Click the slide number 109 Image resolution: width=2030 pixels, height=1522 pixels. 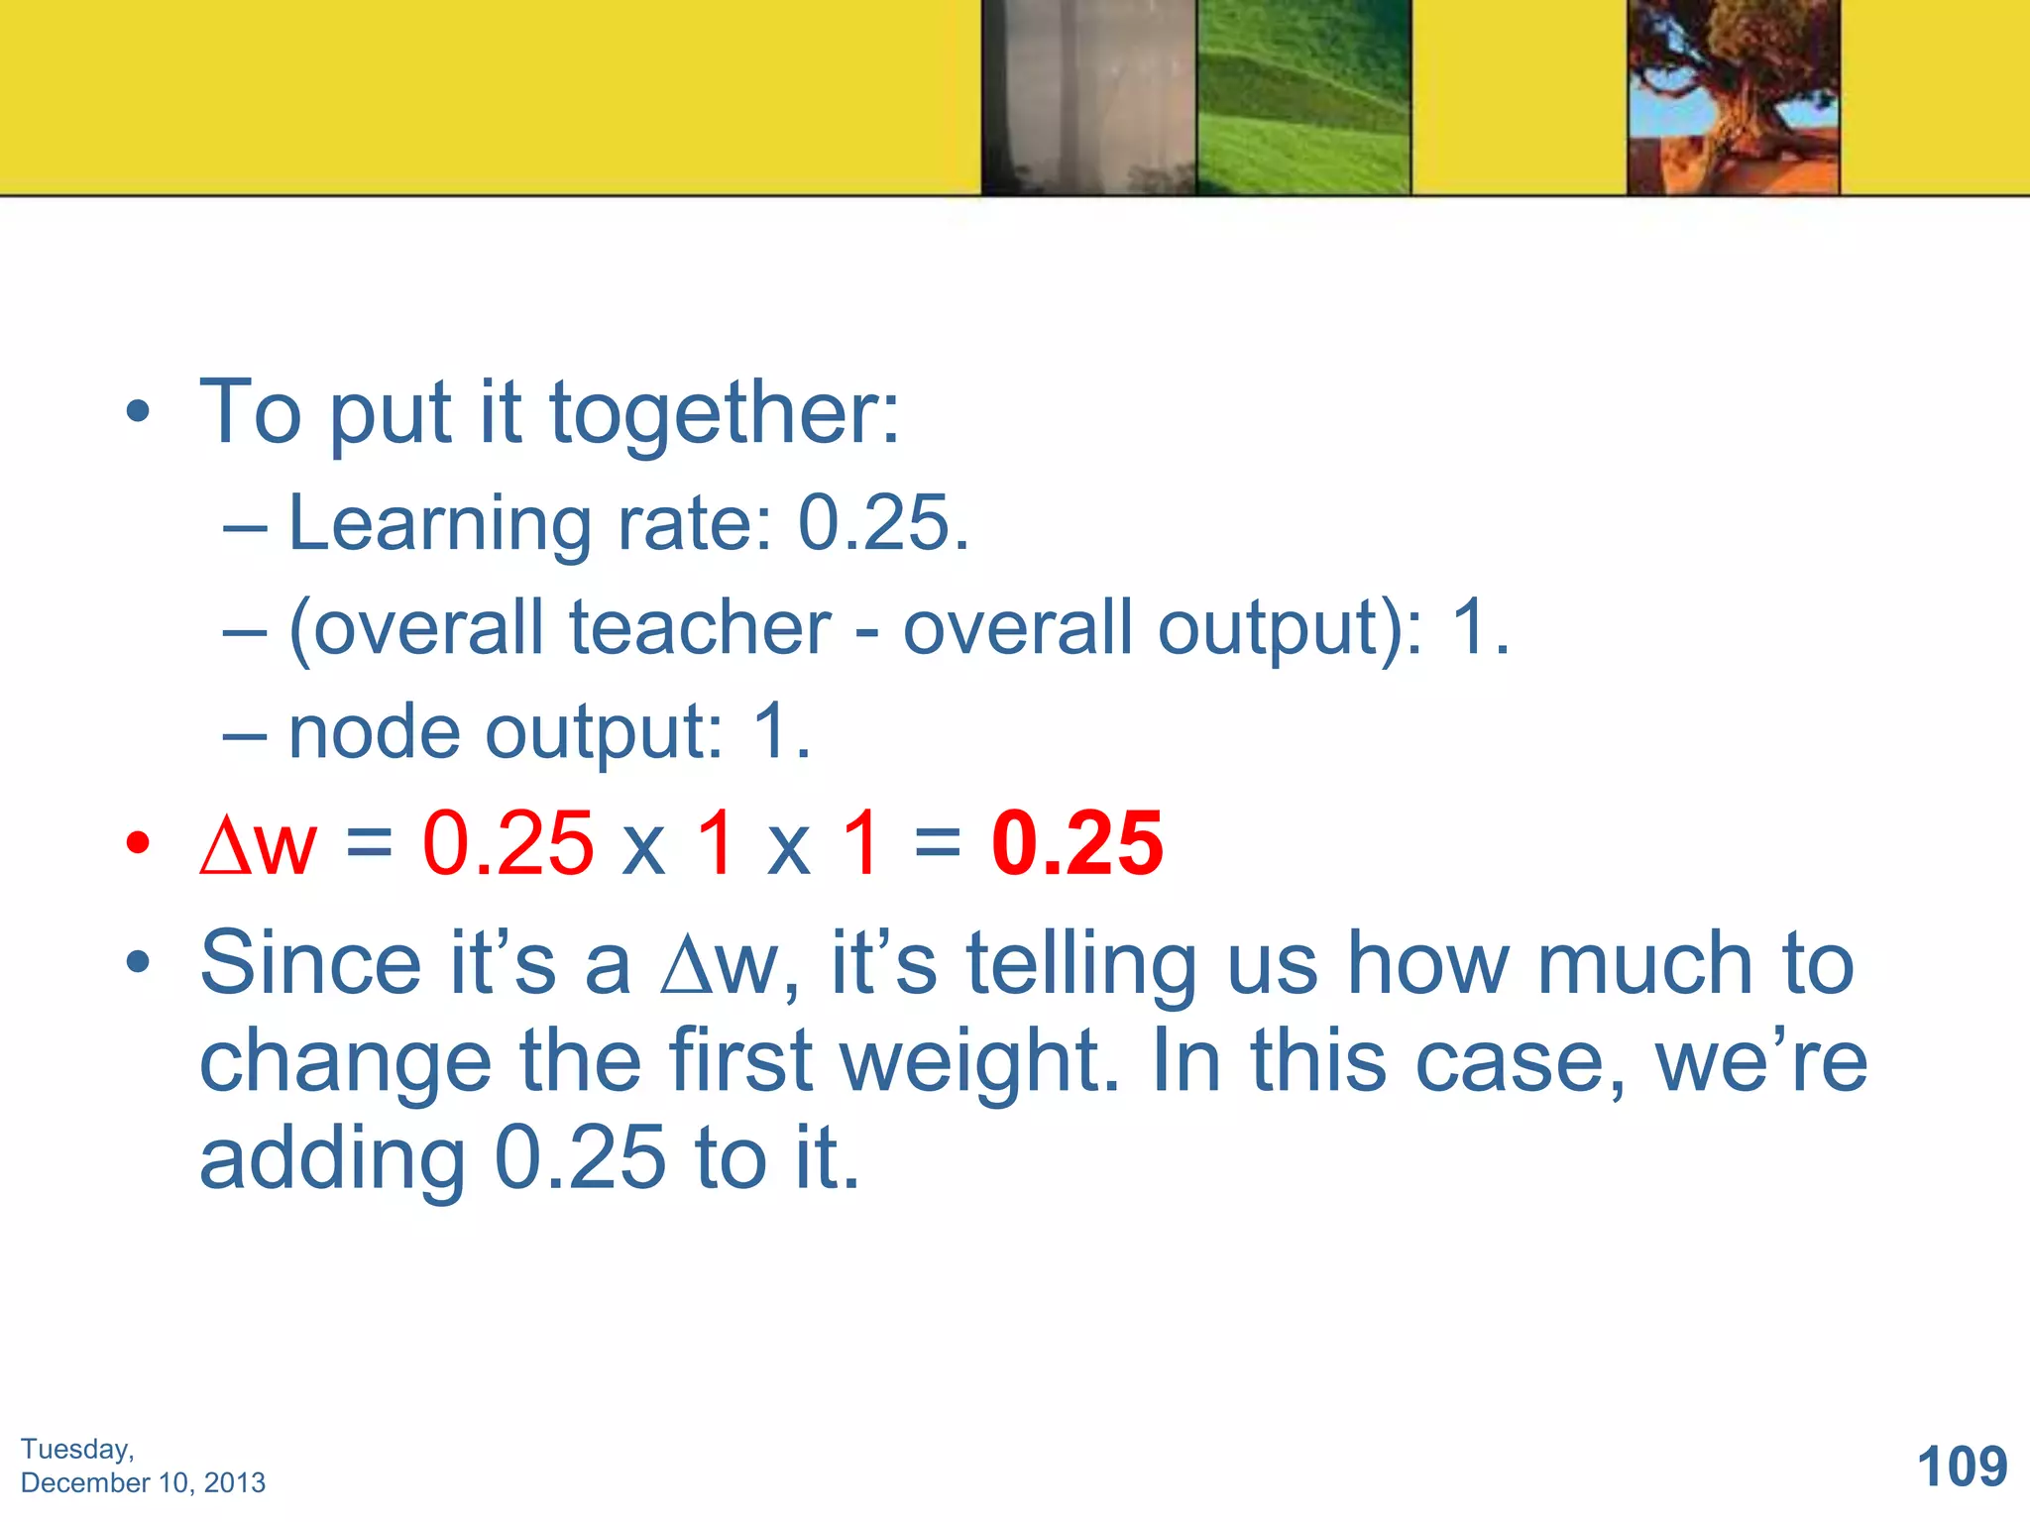click(1962, 1467)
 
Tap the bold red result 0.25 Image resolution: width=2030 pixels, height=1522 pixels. click(1076, 843)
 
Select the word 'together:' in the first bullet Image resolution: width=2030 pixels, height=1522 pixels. click(724, 413)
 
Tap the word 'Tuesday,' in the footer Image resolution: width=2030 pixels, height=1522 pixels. click(77, 1449)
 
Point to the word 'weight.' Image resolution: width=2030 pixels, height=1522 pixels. click(979, 1062)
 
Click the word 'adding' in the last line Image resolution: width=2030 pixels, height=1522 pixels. click(332, 1159)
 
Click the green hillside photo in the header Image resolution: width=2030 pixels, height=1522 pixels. click(1302, 97)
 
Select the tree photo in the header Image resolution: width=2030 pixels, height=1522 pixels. click(1733, 97)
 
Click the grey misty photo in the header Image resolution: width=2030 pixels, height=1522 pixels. click(1088, 97)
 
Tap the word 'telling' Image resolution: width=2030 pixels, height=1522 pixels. click(1081, 965)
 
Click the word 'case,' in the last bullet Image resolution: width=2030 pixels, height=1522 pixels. click(1520, 1062)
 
